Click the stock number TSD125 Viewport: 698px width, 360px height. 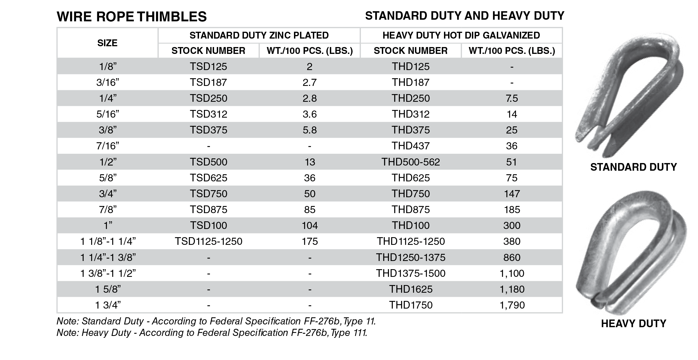point(208,66)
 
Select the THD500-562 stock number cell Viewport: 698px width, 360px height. point(411,162)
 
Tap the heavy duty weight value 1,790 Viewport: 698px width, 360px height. point(512,305)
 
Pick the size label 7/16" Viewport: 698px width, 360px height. point(108,146)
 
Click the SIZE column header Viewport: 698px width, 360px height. point(107,43)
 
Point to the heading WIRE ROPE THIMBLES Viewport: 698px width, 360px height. point(132,17)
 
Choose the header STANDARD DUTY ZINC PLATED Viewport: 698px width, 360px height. point(259,35)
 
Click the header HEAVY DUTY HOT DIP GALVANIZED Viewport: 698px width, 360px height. point(461,35)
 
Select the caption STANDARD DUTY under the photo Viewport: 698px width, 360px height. point(633,167)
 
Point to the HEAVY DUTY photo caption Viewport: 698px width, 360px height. point(633,324)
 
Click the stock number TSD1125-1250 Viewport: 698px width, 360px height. point(208,241)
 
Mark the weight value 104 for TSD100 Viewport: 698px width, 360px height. point(310,225)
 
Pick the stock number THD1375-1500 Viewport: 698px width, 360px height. point(411,273)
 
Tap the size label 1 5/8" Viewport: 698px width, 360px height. point(108,289)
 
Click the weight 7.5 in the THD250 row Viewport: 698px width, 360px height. point(512,98)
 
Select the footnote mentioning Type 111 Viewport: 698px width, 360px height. point(212,333)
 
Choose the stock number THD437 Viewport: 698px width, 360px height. point(411,146)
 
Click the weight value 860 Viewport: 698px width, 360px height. point(512,257)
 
